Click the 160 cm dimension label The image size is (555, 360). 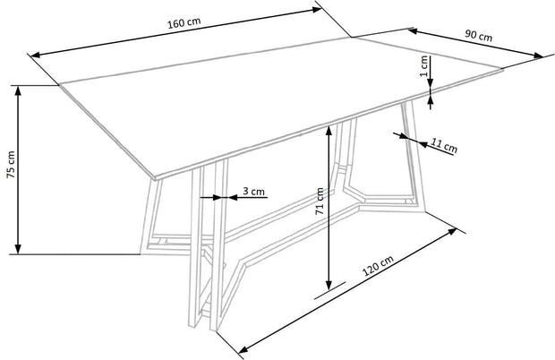coord(184,22)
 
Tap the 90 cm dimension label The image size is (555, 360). coord(478,35)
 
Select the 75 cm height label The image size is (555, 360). coord(11,165)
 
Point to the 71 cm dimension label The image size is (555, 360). coord(320,201)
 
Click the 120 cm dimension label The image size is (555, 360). coord(378,266)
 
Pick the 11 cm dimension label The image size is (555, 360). coord(444,145)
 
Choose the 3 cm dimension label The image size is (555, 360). coord(253,191)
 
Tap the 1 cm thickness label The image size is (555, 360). coord(423,66)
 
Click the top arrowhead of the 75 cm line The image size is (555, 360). coord(18,90)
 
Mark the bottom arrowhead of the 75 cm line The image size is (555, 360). coord(18,249)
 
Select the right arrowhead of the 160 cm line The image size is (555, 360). coord(316,10)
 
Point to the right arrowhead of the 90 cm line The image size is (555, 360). coord(538,56)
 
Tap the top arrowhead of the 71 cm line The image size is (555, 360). coord(329,131)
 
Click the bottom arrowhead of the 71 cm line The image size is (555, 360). coord(329,285)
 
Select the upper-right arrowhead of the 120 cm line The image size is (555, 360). coord(452,231)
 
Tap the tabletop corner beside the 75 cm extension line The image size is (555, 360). coord(59,85)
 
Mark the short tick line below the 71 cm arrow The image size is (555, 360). coord(329,291)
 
